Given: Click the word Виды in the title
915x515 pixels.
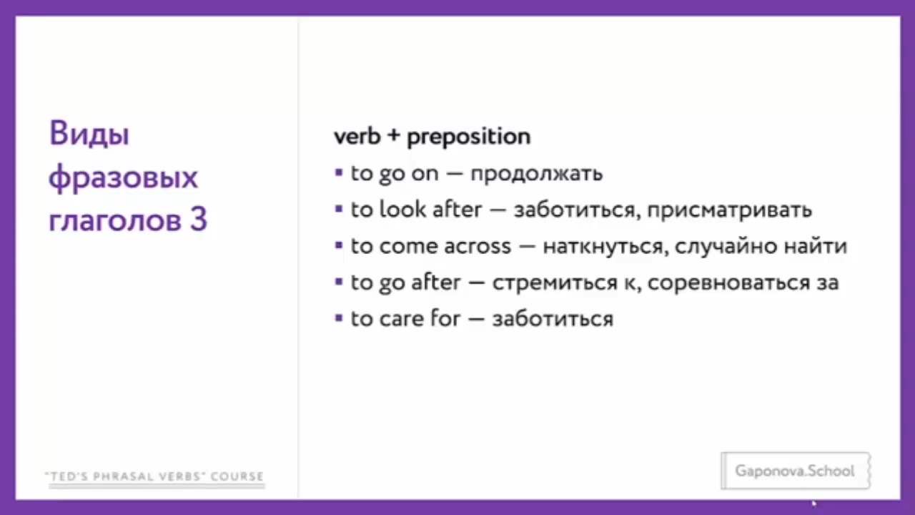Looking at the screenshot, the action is coord(89,134).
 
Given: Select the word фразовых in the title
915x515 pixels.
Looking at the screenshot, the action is coord(124,178).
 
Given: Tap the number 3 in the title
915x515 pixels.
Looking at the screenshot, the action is coord(199,219).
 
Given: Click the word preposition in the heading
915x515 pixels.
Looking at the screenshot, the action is coord(469,137).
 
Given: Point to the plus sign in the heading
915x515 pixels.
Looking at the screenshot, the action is coord(393,135).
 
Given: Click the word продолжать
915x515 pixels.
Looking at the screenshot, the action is coord(537,174).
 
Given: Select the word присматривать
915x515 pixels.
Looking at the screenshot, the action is coord(730,210).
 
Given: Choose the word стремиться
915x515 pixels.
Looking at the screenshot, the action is coord(555,283).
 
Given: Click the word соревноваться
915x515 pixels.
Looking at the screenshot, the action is coord(728,283).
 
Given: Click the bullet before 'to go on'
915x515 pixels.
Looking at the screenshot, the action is coord(339,172).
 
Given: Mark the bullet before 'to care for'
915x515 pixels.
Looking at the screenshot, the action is coord(339,318).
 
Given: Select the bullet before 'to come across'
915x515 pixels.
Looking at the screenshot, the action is coord(339,245).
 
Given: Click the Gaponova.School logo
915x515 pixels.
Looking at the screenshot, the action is coord(796,471).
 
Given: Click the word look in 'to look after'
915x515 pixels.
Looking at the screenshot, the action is coord(402,209).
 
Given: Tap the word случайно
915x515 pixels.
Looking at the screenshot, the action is coord(726,246).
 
